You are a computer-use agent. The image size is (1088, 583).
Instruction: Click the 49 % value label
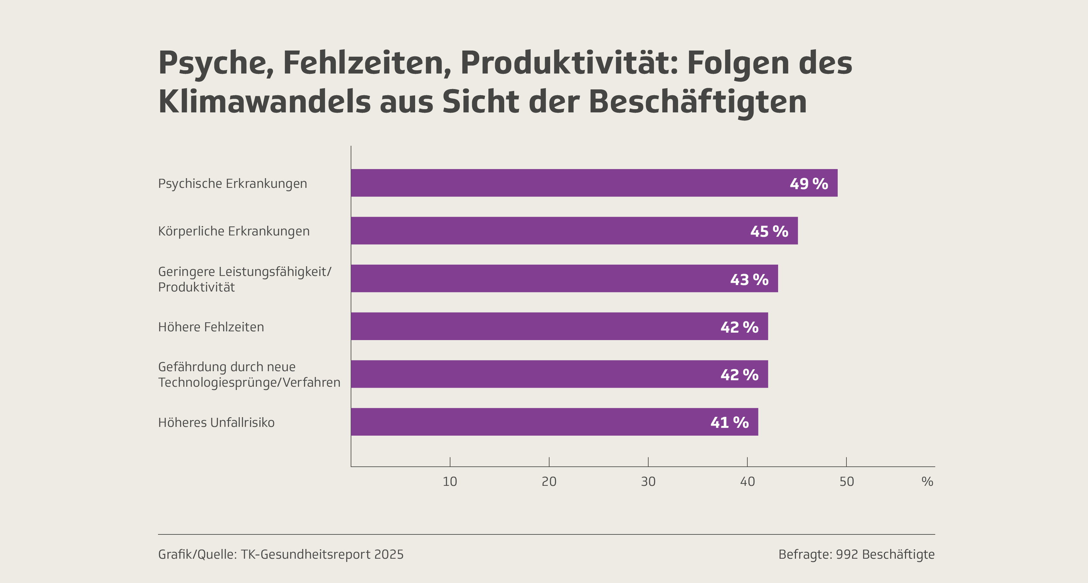point(809,184)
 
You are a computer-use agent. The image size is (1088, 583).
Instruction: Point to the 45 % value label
point(769,232)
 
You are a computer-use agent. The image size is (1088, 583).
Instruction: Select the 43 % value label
point(749,279)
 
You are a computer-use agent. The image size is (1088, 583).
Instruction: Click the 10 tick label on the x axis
point(450,482)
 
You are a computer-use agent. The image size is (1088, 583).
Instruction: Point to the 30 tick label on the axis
point(648,482)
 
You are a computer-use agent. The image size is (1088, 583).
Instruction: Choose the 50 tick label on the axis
point(846,482)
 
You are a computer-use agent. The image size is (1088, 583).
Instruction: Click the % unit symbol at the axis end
point(927,482)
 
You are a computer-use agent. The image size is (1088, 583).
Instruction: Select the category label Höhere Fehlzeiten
point(211,327)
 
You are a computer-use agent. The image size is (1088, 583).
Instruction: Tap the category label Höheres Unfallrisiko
point(216,422)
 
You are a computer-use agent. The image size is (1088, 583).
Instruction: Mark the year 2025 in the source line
point(389,554)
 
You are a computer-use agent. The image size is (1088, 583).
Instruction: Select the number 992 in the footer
point(846,554)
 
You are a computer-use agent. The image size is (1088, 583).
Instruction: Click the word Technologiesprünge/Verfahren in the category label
point(249,382)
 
